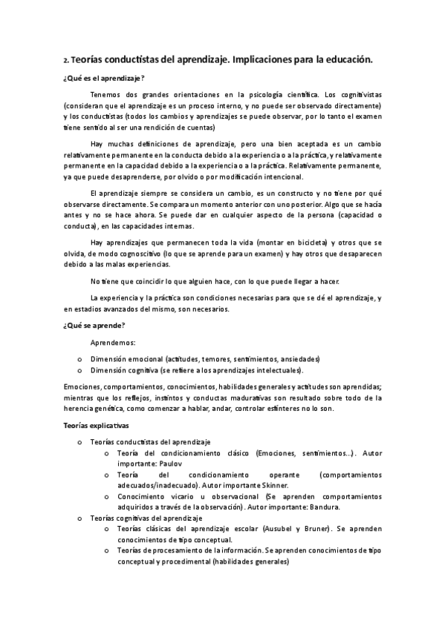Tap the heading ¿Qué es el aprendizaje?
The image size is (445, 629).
click(104, 78)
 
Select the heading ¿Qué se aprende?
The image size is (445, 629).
click(94, 325)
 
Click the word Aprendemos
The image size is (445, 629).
click(113, 343)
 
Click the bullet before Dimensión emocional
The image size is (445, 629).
click(79, 358)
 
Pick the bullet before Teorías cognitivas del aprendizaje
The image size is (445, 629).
click(79, 518)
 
